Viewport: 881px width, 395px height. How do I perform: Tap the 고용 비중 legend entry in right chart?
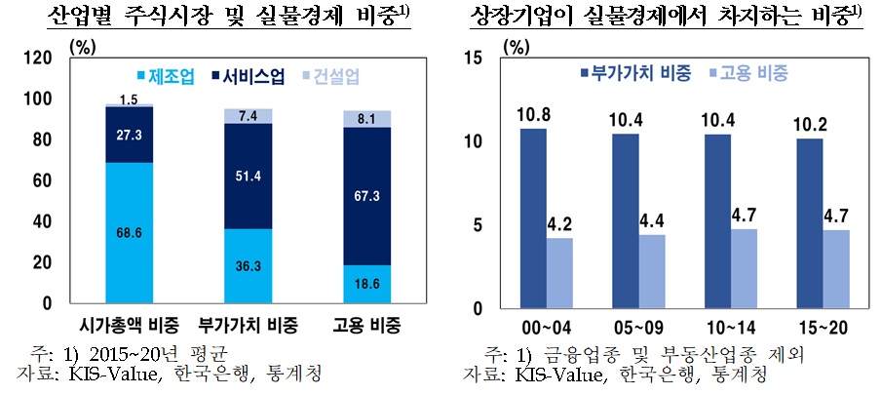point(754,73)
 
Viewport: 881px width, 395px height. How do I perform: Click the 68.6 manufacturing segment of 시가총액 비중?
point(130,232)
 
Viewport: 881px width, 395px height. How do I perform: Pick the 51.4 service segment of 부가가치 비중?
point(248,177)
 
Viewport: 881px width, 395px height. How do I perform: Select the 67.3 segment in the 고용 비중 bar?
point(368,196)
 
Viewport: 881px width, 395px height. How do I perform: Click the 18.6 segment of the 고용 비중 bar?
point(368,284)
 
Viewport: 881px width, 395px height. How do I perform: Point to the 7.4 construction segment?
point(248,116)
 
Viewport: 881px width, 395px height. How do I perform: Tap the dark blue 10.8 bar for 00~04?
point(534,217)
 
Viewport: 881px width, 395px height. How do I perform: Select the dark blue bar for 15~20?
point(809,222)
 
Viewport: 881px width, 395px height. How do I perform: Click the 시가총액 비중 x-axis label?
point(129,325)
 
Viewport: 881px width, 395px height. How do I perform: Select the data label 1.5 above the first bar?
point(130,99)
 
